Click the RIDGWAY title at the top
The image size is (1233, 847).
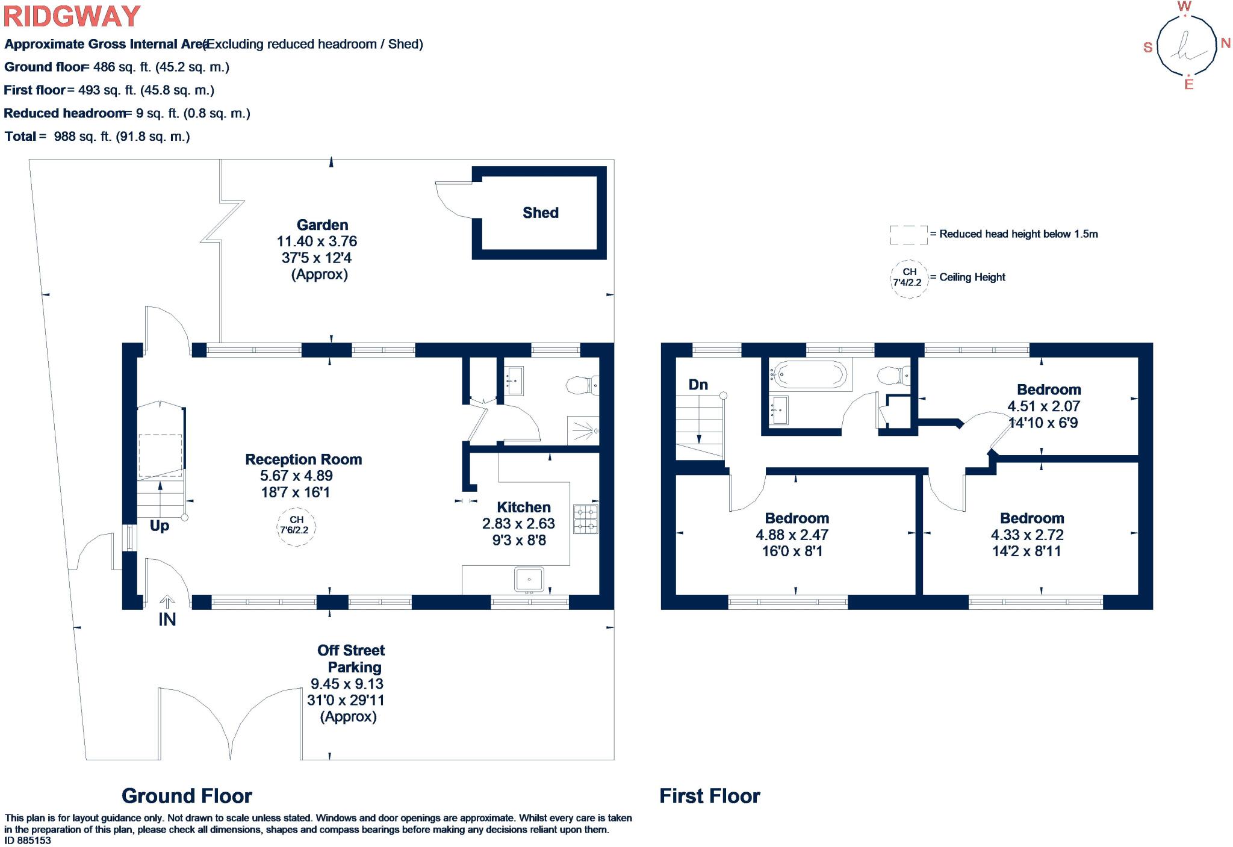click(x=72, y=16)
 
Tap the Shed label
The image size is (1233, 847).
click(x=541, y=213)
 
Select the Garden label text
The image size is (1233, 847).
click(x=322, y=225)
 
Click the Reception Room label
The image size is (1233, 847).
click(x=303, y=459)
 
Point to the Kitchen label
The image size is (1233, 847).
click(x=524, y=507)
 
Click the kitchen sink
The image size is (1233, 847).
click(x=529, y=580)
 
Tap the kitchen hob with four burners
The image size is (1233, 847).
click(x=585, y=519)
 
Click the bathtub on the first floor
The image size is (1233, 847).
click(x=810, y=374)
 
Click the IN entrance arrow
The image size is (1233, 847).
click(x=167, y=602)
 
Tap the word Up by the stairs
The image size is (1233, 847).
click(x=160, y=526)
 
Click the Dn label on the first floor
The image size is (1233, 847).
click(x=698, y=385)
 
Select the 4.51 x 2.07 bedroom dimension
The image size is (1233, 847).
click(x=1044, y=406)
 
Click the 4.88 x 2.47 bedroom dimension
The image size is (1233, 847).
click(x=792, y=535)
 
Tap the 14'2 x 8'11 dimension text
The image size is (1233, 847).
click(x=1026, y=551)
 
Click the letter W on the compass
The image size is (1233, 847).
click(x=1184, y=7)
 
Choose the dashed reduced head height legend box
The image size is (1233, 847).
click(x=909, y=235)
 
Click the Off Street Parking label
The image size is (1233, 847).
click(x=352, y=659)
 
